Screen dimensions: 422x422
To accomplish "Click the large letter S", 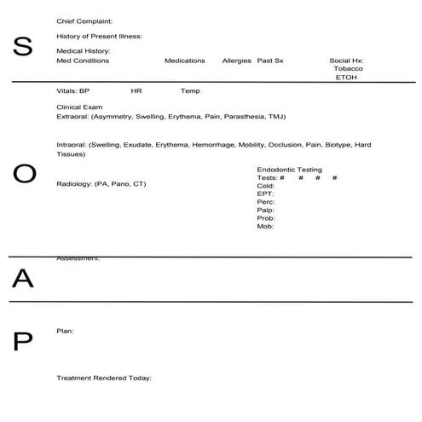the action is pos(24,48).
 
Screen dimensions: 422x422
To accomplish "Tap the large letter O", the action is pos(25,174).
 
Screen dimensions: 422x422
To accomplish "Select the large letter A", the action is pos(23,278).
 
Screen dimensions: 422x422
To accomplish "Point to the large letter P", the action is pos(23,341).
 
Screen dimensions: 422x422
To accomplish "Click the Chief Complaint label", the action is pos(84,20).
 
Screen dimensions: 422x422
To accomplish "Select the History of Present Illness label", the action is pos(99,36).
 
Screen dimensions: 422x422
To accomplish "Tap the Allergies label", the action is pos(236,61).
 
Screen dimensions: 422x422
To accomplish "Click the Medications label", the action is pos(185,61).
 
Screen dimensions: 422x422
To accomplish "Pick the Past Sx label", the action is pos(270,61).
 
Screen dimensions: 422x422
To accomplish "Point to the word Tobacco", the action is pos(348,68).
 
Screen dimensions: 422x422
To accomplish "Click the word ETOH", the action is pos(347,77).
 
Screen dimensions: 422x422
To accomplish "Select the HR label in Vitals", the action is pos(136,90).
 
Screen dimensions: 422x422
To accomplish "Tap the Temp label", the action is pos(190,90).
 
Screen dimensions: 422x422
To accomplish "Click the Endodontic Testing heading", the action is pos(289,170).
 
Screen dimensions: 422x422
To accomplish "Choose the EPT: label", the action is pos(265,194).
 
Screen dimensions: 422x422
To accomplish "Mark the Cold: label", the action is pos(266,186).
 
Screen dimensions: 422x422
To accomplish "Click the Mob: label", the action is pos(265,226).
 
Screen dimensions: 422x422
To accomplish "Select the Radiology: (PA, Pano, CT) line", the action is pos(101,183).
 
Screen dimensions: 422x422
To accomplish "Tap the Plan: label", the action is pos(65,330).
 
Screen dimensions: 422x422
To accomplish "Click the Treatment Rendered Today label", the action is pos(103,377).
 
